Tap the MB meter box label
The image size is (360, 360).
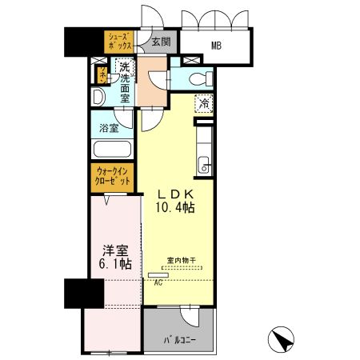tap(216, 46)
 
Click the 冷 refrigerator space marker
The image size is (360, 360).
tap(205, 102)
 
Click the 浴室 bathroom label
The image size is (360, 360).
tap(110, 127)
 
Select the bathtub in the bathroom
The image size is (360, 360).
tap(111, 150)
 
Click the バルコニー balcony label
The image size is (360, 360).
tap(182, 339)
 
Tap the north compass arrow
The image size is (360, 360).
tap(282, 340)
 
